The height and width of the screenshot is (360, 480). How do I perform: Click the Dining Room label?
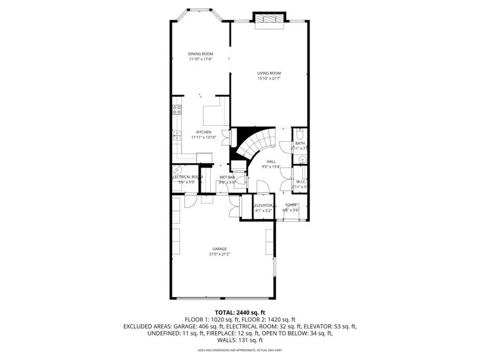(201, 54)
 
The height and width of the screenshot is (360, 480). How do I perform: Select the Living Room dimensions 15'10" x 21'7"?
(269, 79)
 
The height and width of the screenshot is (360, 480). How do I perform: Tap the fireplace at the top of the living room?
(269, 18)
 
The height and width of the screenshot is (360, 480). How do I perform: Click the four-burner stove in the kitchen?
(177, 110)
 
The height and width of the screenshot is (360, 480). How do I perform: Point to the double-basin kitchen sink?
(177, 135)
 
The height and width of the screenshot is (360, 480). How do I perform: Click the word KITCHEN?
(203, 132)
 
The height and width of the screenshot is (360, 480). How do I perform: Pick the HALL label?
(271, 161)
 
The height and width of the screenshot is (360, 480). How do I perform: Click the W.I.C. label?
(301, 181)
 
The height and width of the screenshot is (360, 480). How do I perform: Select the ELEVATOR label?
(262, 205)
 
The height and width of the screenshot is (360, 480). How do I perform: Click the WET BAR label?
(227, 177)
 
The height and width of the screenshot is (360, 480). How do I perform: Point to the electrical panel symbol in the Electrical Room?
(177, 170)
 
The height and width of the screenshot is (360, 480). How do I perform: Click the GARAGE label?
(219, 249)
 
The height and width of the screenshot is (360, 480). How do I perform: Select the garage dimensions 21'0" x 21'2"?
(219, 254)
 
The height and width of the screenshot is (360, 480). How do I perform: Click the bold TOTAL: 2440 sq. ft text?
(240, 312)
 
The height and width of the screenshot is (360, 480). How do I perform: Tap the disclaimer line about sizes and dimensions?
(240, 350)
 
